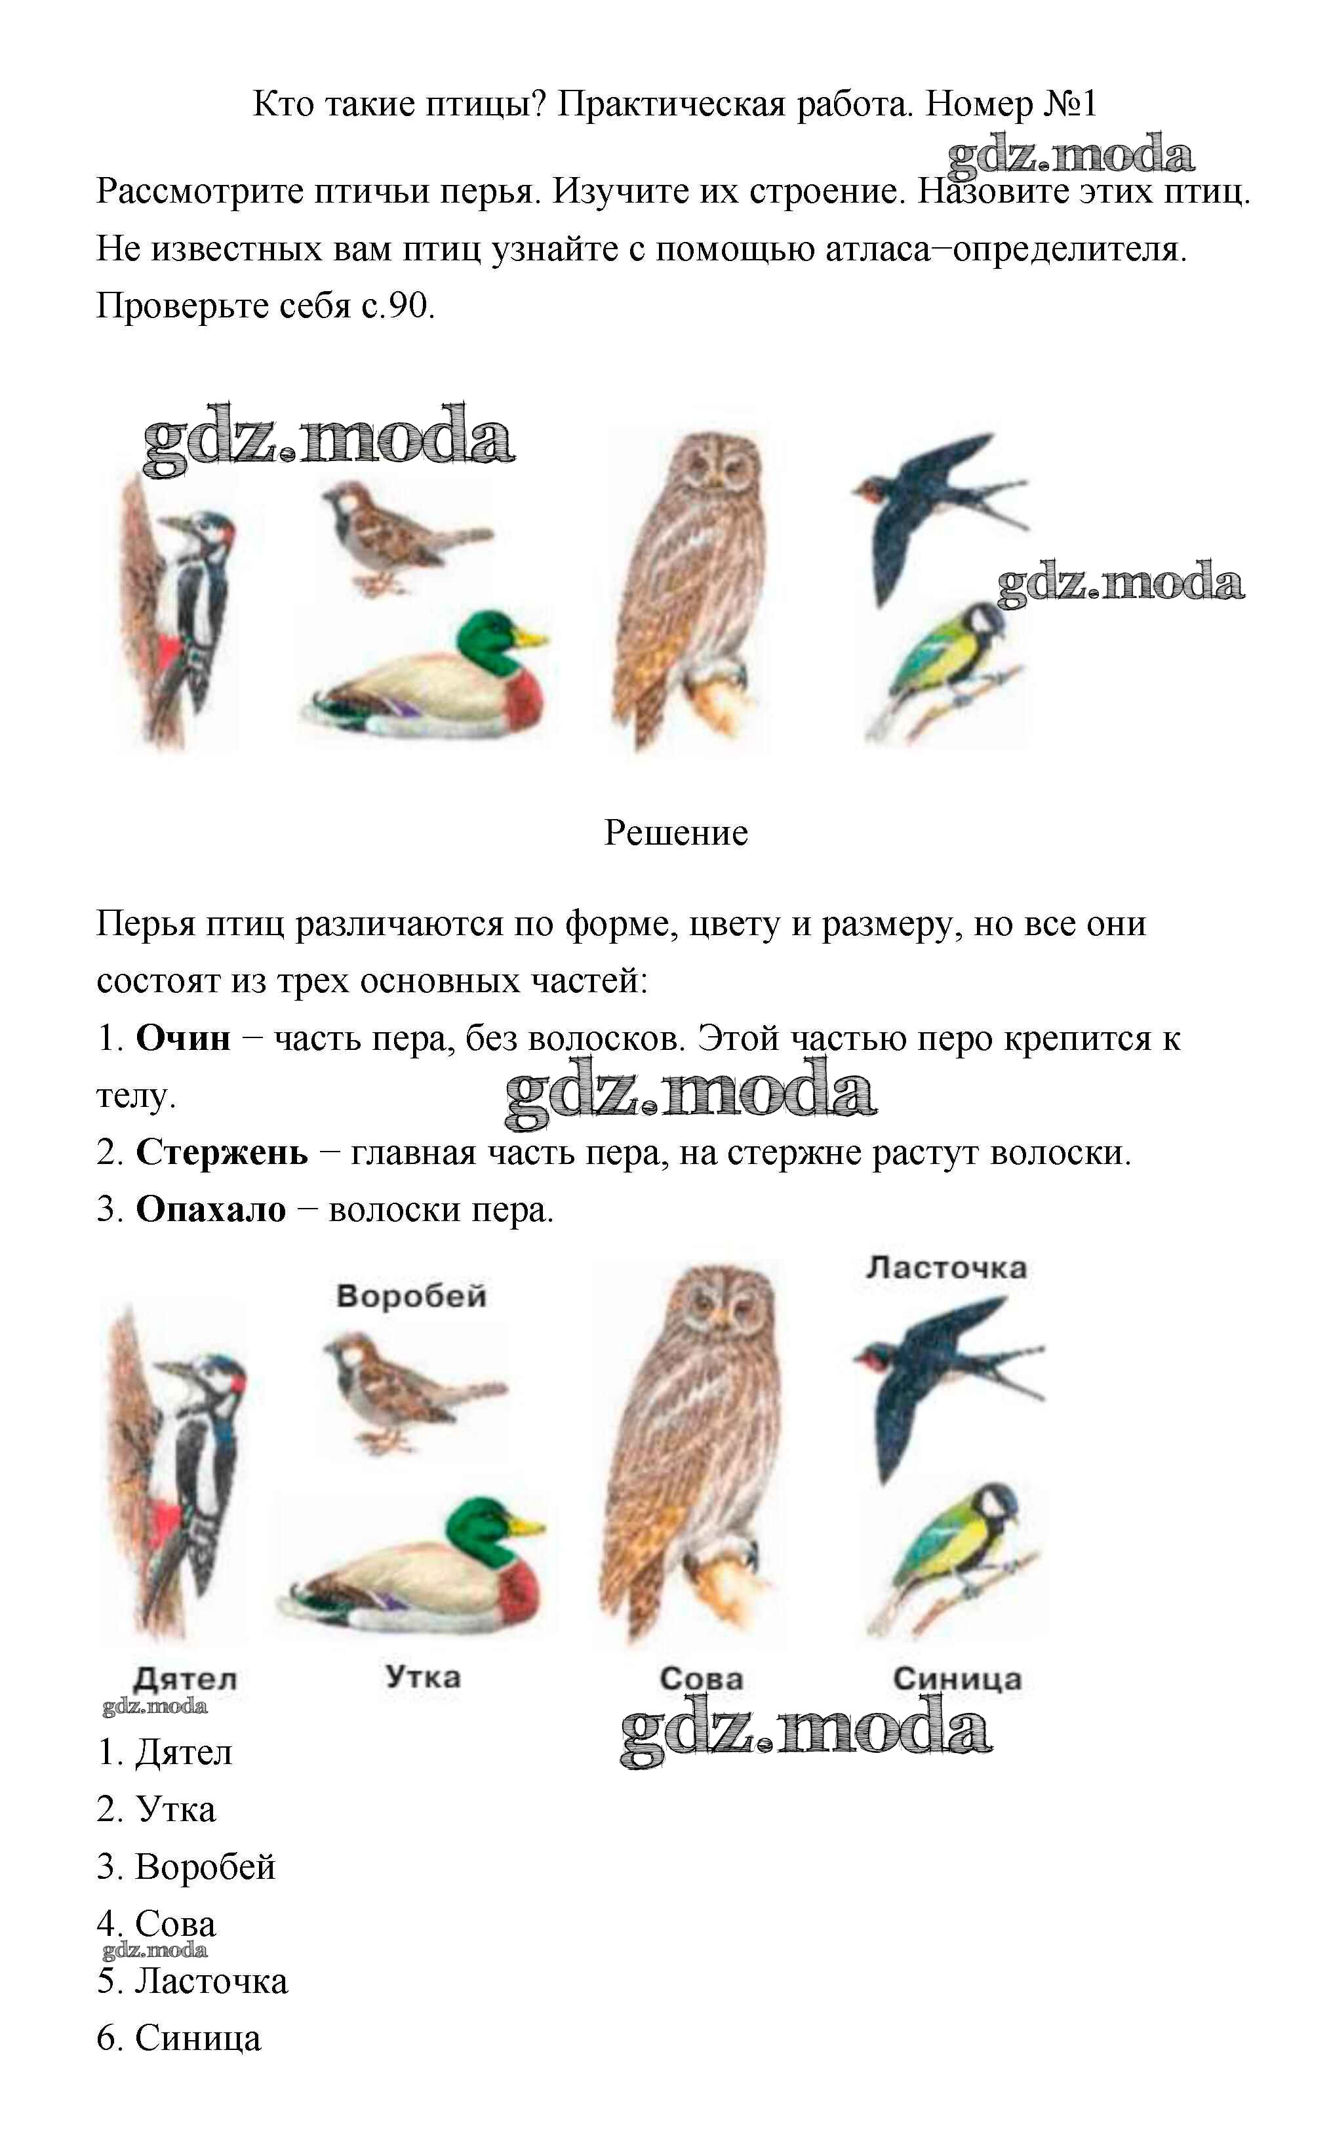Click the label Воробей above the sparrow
pos(411,1296)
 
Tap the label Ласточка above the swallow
pos(946,1268)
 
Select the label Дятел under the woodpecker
pos(185,1679)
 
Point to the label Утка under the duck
pos(422,1676)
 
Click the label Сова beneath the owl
pos(702,1679)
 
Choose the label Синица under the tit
pos(958,1679)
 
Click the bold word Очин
pos(183,1039)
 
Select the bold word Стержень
pos(222,1152)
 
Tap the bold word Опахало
pos(211,1210)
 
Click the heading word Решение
pos(676,833)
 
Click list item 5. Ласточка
pos(192,1982)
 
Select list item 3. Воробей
pos(186,1867)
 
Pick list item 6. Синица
pos(179,2039)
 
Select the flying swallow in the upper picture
pos(938,515)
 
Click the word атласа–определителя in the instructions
pos(1006,250)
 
